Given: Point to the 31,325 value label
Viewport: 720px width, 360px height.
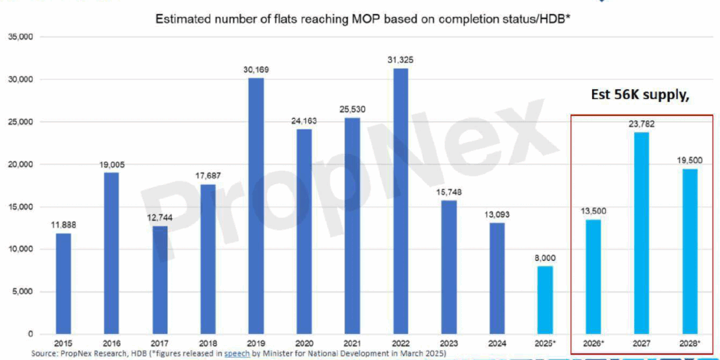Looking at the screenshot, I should tap(401, 60).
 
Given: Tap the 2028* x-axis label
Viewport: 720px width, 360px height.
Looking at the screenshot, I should tap(690, 344).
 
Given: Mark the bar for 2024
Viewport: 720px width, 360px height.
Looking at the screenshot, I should tap(497, 278).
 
